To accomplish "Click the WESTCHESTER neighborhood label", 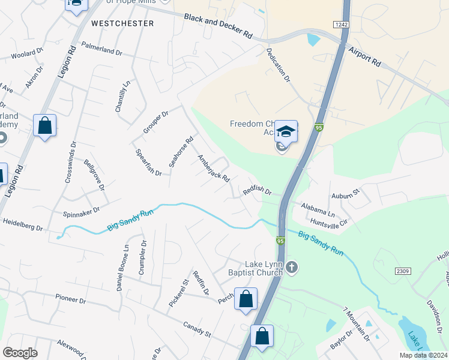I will click(122, 23).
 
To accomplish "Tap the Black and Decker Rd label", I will click(218, 26).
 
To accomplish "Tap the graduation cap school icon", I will click(286, 130).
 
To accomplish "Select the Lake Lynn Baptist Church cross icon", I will click(292, 266).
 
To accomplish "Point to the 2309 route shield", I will click(402, 271).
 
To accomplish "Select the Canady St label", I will click(197, 328).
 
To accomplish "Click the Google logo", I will click(20, 352).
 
